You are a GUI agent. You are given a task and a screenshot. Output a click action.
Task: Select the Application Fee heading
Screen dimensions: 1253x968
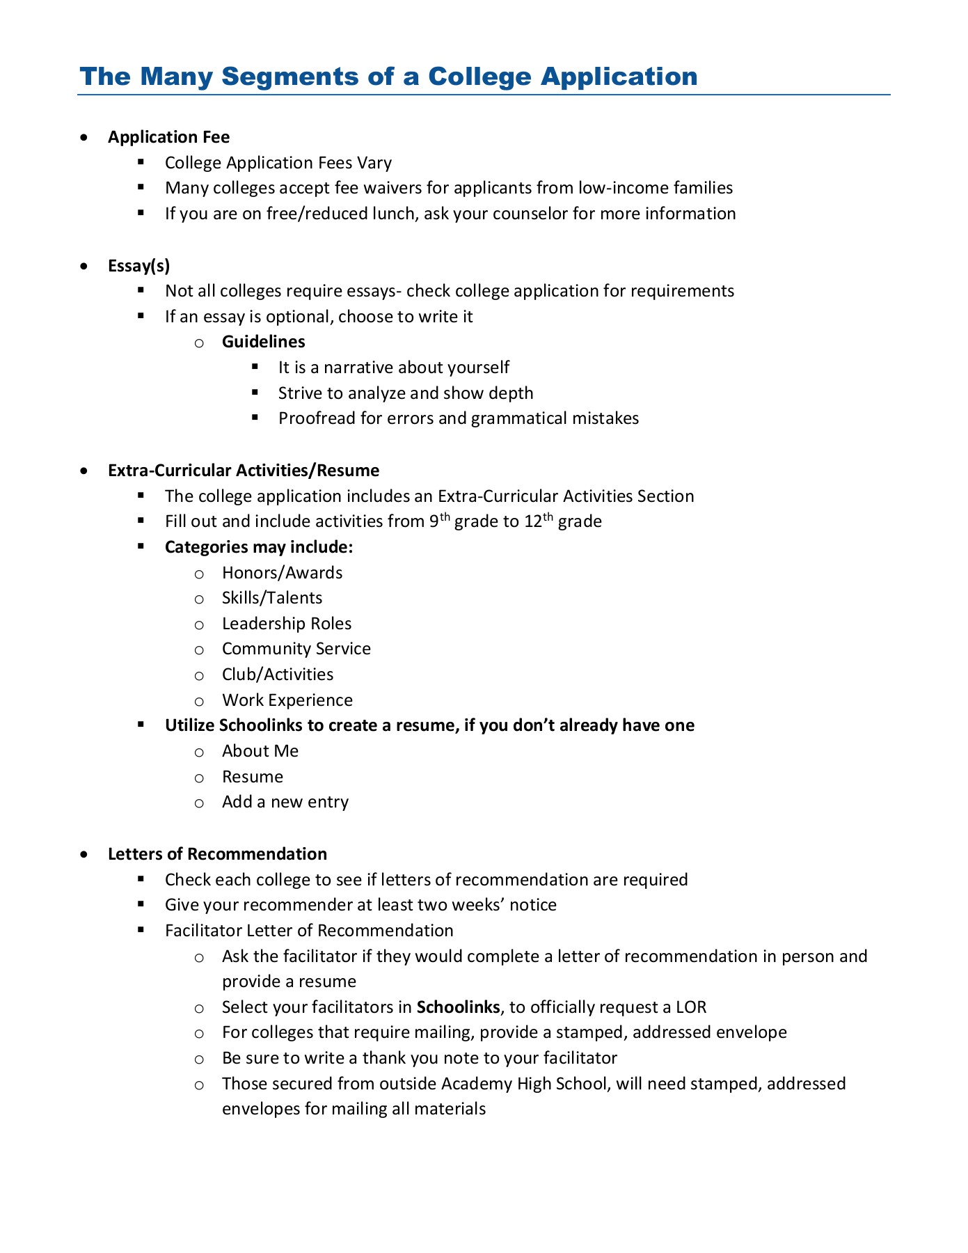point(168,137)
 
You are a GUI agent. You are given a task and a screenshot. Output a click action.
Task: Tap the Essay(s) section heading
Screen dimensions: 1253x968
point(138,265)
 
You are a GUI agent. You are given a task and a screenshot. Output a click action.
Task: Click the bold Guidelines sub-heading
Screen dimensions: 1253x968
point(263,342)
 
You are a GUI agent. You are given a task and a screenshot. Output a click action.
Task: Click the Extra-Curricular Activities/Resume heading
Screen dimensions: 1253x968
point(244,471)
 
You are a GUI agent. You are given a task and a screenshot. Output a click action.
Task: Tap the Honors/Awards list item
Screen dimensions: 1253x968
point(282,573)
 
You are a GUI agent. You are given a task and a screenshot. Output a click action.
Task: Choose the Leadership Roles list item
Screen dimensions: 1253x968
point(287,624)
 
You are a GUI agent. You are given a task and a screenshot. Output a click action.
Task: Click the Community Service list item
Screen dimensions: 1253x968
point(296,649)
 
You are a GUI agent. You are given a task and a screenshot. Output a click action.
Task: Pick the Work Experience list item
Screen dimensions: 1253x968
point(287,700)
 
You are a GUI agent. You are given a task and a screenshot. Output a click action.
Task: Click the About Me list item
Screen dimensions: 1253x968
point(260,751)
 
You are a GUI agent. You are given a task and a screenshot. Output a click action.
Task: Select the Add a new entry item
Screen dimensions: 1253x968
point(285,802)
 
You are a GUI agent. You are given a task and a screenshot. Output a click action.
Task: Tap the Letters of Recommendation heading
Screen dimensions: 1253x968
point(217,854)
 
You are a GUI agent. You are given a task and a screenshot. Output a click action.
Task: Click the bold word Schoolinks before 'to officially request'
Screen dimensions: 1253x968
point(458,1007)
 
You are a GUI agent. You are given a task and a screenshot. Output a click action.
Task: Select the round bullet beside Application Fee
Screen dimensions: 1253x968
point(84,138)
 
